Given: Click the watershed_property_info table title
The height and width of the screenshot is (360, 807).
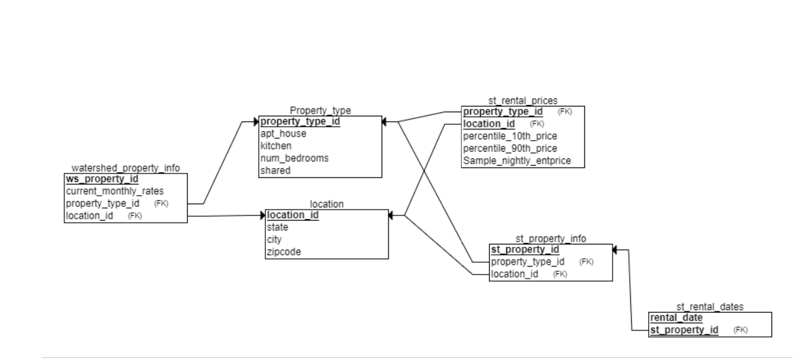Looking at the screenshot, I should (x=125, y=168).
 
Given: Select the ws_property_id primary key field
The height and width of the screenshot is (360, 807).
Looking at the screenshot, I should (x=102, y=179).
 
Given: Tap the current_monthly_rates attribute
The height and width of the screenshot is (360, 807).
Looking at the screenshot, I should (x=114, y=191).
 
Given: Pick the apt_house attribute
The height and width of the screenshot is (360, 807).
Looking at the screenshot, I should (x=283, y=133).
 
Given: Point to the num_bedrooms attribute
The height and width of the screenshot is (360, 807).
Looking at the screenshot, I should (x=294, y=158).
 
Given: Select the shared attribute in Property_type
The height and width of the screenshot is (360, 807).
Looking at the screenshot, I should (x=275, y=171).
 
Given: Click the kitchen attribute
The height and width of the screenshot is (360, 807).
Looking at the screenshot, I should (x=276, y=146).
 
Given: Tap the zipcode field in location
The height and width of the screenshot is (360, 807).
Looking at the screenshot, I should (x=284, y=252).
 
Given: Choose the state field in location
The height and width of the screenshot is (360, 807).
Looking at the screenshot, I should (x=277, y=227).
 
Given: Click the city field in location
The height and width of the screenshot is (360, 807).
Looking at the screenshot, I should (x=274, y=239).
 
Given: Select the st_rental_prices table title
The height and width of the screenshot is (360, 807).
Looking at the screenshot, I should (x=523, y=101).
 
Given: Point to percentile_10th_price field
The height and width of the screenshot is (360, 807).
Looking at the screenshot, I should (x=510, y=136).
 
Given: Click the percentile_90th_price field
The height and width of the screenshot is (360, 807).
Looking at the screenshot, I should (x=510, y=148).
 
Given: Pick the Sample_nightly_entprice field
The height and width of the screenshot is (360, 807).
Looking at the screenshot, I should (x=517, y=161).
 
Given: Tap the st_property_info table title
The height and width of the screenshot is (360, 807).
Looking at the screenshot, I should (x=550, y=238).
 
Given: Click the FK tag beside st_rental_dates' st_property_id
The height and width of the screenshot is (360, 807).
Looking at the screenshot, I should (x=740, y=330).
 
